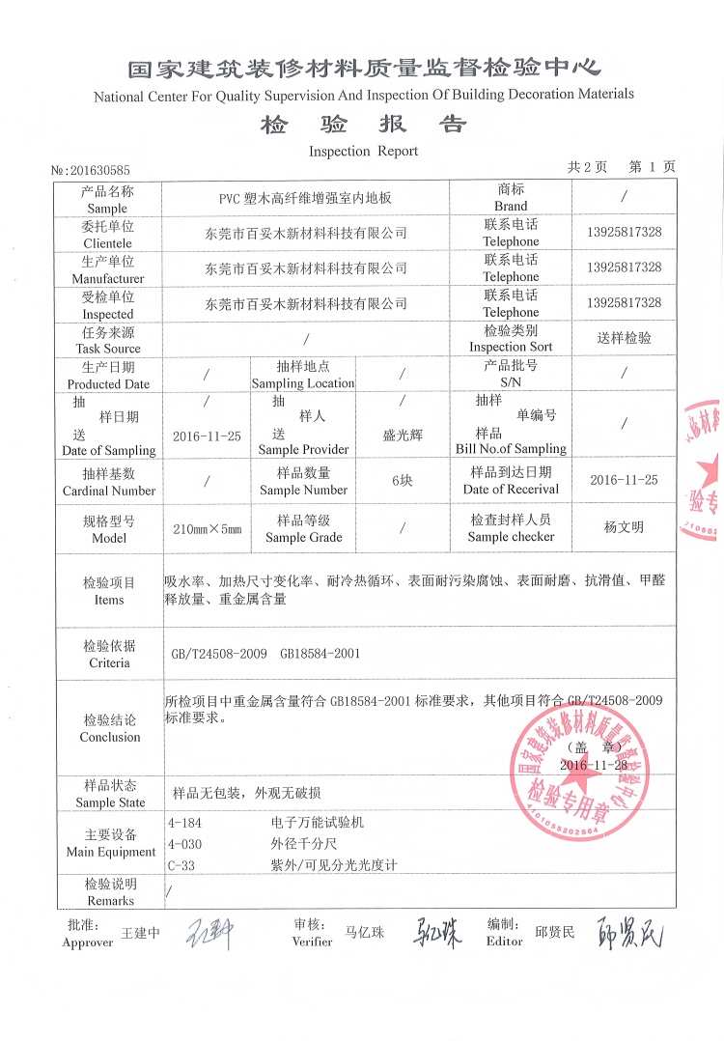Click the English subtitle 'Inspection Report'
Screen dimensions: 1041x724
363,151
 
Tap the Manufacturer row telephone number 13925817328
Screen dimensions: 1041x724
624,267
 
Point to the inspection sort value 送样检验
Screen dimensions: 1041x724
624,338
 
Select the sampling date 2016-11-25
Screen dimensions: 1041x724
207,436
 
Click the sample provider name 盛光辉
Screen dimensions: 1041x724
403,436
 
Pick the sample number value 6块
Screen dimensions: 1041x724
403,481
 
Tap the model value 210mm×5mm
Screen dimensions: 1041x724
207,529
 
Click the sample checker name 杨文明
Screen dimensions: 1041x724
624,527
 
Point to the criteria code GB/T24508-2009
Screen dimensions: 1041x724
218,654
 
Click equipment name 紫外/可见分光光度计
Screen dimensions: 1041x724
335,866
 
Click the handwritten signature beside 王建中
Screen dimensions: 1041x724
209,933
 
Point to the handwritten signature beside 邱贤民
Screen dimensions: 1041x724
630,933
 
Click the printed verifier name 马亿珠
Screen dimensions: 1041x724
364,933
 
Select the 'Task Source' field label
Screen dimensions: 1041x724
108,339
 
